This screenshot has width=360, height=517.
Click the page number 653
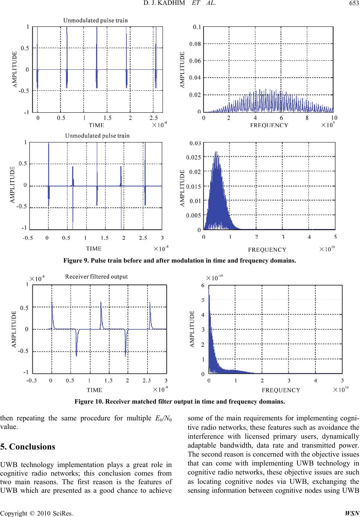pos(354,3)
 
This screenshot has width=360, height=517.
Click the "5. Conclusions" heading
pos(28,446)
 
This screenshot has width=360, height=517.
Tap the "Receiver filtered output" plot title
pos(97,276)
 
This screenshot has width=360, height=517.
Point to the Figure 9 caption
pos(180,261)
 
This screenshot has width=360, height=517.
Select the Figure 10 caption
pos(180,402)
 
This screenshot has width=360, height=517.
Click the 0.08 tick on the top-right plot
pos(195,44)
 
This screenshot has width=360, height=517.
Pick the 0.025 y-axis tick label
pos(193,157)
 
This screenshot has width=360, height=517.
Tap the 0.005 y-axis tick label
pos(193,215)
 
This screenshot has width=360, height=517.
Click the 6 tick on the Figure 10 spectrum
pos(203,285)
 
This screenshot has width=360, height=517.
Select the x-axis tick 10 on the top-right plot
pos(334,118)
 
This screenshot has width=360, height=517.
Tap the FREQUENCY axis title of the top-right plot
pos(269,125)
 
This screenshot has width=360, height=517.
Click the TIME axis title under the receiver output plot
pos(94,390)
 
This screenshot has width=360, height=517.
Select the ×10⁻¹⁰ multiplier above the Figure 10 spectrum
pos(214,278)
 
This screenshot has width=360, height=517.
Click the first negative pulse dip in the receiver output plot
pos(76,356)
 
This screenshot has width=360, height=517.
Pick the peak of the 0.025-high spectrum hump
pos(216,152)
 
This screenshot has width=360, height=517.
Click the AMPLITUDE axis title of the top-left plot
pos(15,69)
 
